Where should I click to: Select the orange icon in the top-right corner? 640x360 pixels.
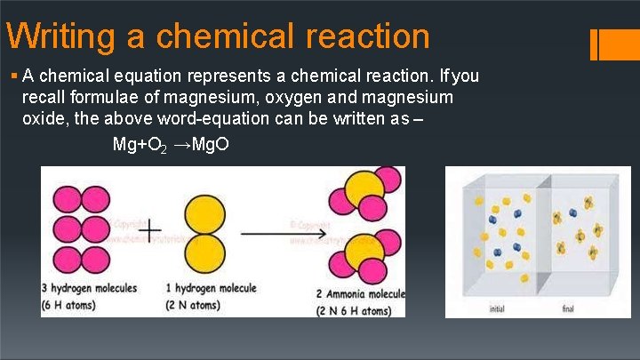point(614,45)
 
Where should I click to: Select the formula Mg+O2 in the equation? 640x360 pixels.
point(139,145)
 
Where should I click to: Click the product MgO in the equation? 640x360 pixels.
point(209,145)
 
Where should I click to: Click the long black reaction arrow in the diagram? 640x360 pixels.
point(279,234)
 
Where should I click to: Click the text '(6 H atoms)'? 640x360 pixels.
point(72,307)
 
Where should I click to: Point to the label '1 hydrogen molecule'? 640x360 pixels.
point(212,288)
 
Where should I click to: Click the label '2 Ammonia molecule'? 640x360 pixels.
point(360,294)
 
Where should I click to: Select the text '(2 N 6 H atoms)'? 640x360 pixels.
point(353,311)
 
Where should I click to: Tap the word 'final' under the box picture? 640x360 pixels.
point(569,309)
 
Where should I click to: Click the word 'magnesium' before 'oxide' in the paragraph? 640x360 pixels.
point(414,97)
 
